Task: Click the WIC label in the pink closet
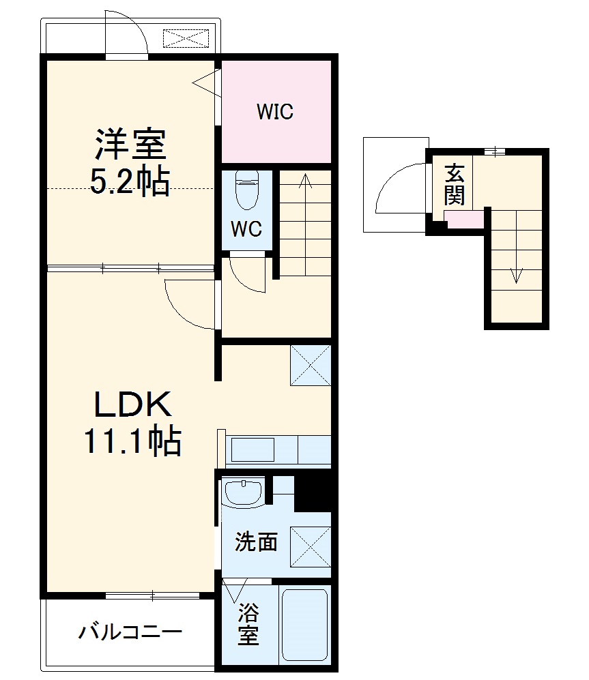(x=275, y=111)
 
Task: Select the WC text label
(x=246, y=229)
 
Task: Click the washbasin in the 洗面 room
(x=244, y=493)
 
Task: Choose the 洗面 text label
(x=256, y=542)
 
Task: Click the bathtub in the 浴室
(x=305, y=624)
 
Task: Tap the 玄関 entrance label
(x=454, y=184)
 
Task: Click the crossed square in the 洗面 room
(x=311, y=548)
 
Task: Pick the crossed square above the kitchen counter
(x=311, y=366)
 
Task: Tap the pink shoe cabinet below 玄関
(x=464, y=220)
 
